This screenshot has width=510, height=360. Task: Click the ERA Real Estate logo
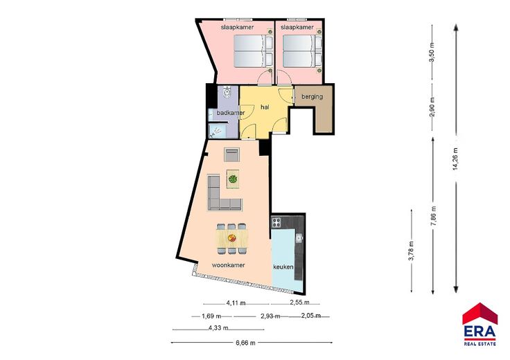(x=480, y=324)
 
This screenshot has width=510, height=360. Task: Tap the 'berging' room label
(x=312, y=96)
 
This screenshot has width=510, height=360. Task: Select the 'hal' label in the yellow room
(x=265, y=107)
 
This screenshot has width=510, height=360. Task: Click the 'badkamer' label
(x=231, y=113)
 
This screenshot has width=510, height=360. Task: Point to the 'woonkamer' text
(x=229, y=264)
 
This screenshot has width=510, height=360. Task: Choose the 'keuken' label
(x=283, y=267)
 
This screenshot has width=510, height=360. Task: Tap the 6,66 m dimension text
(x=245, y=343)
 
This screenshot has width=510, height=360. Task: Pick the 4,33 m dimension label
(x=218, y=328)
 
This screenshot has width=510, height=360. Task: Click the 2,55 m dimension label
(x=299, y=302)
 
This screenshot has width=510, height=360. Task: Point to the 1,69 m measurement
(x=211, y=316)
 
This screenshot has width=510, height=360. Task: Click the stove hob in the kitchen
(x=276, y=222)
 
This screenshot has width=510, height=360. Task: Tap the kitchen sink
(x=299, y=238)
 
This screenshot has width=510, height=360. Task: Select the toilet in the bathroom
(x=227, y=93)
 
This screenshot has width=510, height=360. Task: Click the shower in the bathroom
(x=216, y=131)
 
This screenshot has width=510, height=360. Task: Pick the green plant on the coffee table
(x=233, y=179)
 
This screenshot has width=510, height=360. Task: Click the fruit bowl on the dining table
(x=232, y=238)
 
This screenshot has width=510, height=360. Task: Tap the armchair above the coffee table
(x=231, y=154)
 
